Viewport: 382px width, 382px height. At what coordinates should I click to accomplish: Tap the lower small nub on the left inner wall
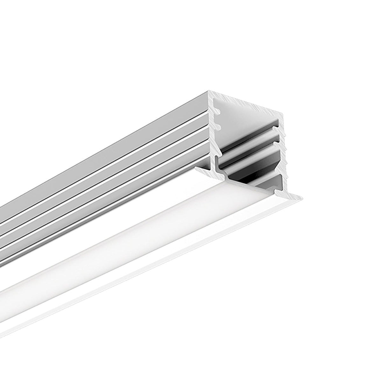[x=219, y=126]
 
